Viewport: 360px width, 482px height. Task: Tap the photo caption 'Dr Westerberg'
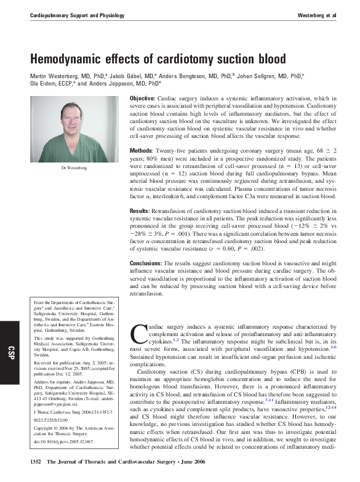coord(74,167)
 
